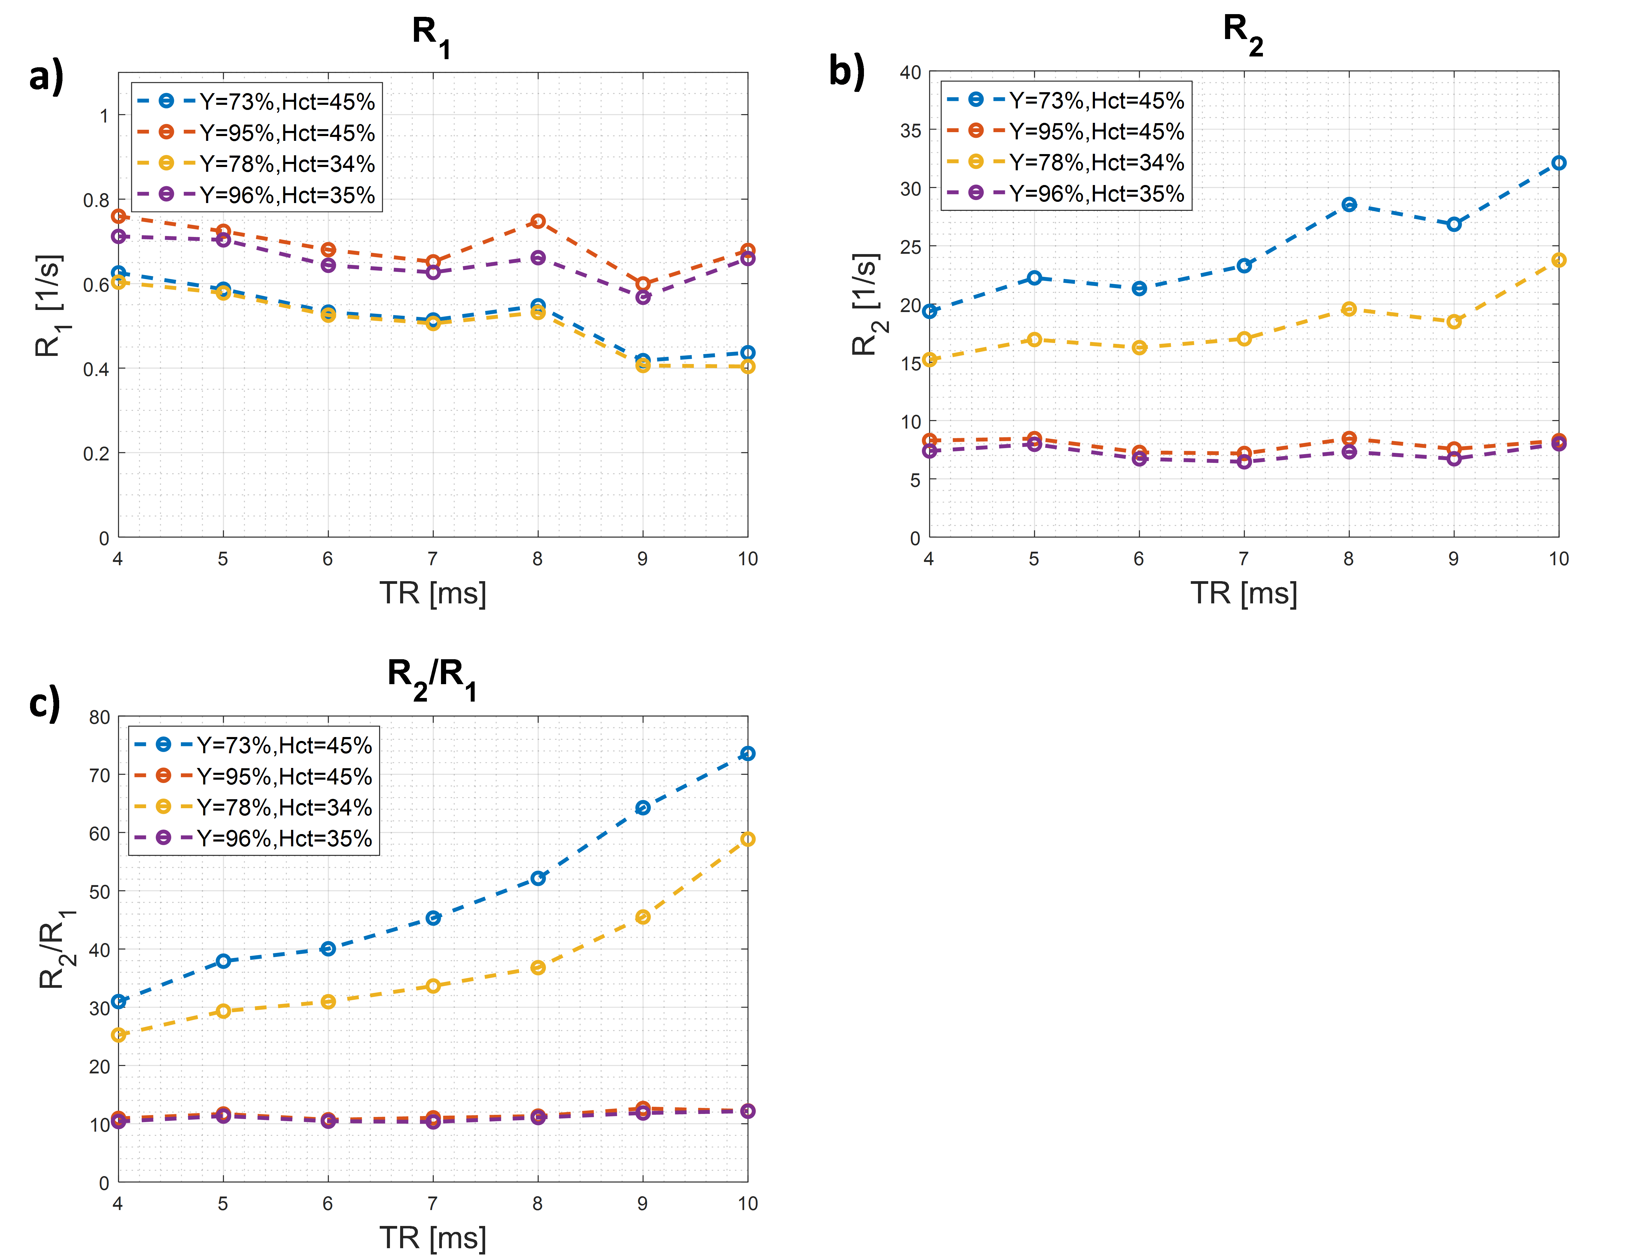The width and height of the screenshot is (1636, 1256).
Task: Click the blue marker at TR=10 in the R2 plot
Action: click(x=1558, y=163)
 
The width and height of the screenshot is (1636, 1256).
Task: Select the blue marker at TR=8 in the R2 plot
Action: click(x=1349, y=204)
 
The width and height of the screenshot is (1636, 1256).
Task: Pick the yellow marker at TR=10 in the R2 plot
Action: click(x=1558, y=260)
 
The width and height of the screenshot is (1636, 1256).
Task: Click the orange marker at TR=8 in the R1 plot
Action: click(x=538, y=221)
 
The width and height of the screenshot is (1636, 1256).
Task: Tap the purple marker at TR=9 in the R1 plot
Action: click(x=642, y=298)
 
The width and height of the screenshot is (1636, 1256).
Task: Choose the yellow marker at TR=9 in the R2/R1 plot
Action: click(x=642, y=917)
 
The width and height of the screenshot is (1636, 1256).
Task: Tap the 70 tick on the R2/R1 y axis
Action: click(x=99, y=775)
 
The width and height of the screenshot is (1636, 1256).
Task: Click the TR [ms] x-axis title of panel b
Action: click(x=1243, y=593)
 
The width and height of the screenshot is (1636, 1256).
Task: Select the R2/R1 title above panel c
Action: click(x=432, y=677)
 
